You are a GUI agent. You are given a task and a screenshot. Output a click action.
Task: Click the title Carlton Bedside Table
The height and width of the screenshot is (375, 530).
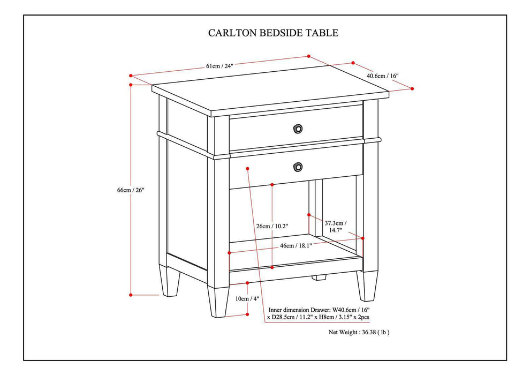[x=273, y=33]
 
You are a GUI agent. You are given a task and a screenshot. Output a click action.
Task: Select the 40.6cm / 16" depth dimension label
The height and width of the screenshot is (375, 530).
[x=382, y=76]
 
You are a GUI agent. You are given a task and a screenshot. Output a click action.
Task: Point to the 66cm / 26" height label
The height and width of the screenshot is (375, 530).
[x=131, y=190]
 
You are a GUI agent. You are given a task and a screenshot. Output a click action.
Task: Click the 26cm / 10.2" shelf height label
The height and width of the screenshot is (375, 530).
[x=272, y=226]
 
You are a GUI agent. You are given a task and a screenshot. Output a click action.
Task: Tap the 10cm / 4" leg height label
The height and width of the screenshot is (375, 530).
[x=247, y=298]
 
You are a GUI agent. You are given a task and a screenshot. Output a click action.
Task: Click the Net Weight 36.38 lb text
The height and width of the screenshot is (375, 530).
[x=359, y=332]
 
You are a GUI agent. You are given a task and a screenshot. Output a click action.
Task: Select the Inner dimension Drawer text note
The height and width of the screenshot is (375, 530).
[x=319, y=313]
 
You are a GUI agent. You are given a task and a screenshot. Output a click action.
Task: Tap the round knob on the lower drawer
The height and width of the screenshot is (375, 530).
[x=298, y=167]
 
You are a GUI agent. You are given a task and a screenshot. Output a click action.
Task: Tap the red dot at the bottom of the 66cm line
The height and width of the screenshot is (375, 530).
[x=131, y=294]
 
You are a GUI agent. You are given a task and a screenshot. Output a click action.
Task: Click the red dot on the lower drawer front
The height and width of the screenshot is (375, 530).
[x=247, y=168]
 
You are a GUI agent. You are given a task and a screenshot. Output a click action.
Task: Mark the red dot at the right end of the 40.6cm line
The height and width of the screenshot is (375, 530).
[x=413, y=88]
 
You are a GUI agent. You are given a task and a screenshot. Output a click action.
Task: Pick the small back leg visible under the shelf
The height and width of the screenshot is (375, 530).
[x=319, y=277]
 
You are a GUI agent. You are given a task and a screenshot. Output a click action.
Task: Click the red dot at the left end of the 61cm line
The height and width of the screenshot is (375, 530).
[x=131, y=75]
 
